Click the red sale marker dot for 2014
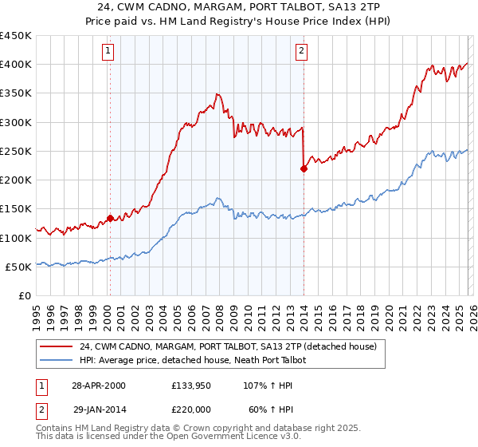pos(304,168)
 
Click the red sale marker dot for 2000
pos(110,218)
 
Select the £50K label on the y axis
pos(19,267)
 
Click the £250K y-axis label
pos(16,151)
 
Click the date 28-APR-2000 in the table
pos(99,386)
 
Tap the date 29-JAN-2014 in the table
pos(99,408)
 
